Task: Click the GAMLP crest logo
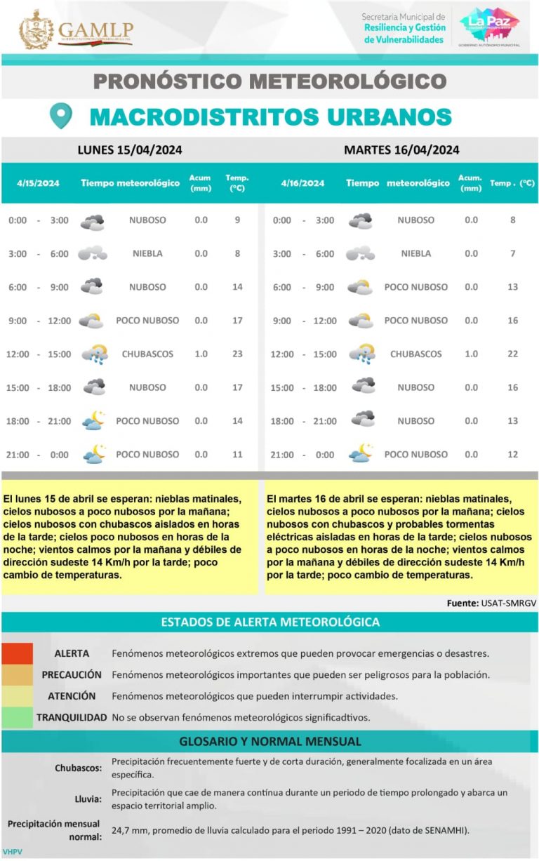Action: [x=36, y=29]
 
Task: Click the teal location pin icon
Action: [x=62, y=116]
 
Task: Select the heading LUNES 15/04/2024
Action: [x=130, y=149]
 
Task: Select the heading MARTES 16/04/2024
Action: [x=401, y=149]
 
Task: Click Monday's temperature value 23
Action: [x=237, y=354]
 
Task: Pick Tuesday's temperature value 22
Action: [x=512, y=354]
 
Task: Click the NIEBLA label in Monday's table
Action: [x=147, y=253]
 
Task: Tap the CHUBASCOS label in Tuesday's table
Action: [x=415, y=354]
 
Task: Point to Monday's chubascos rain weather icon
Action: [x=93, y=354]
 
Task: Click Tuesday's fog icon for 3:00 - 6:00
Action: [x=361, y=253]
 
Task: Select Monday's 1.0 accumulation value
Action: [x=201, y=354]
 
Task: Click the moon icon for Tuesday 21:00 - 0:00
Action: [x=361, y=454]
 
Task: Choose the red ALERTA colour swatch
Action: [x=17, y=653]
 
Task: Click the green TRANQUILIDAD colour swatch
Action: [x=17, y=717]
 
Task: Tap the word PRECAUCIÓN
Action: [x=72, y=674]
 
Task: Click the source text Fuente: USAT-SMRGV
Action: [x=491, y=603]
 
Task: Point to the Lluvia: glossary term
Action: [x=88, y=799]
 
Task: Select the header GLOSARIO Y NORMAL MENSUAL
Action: [x=270, y=741]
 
